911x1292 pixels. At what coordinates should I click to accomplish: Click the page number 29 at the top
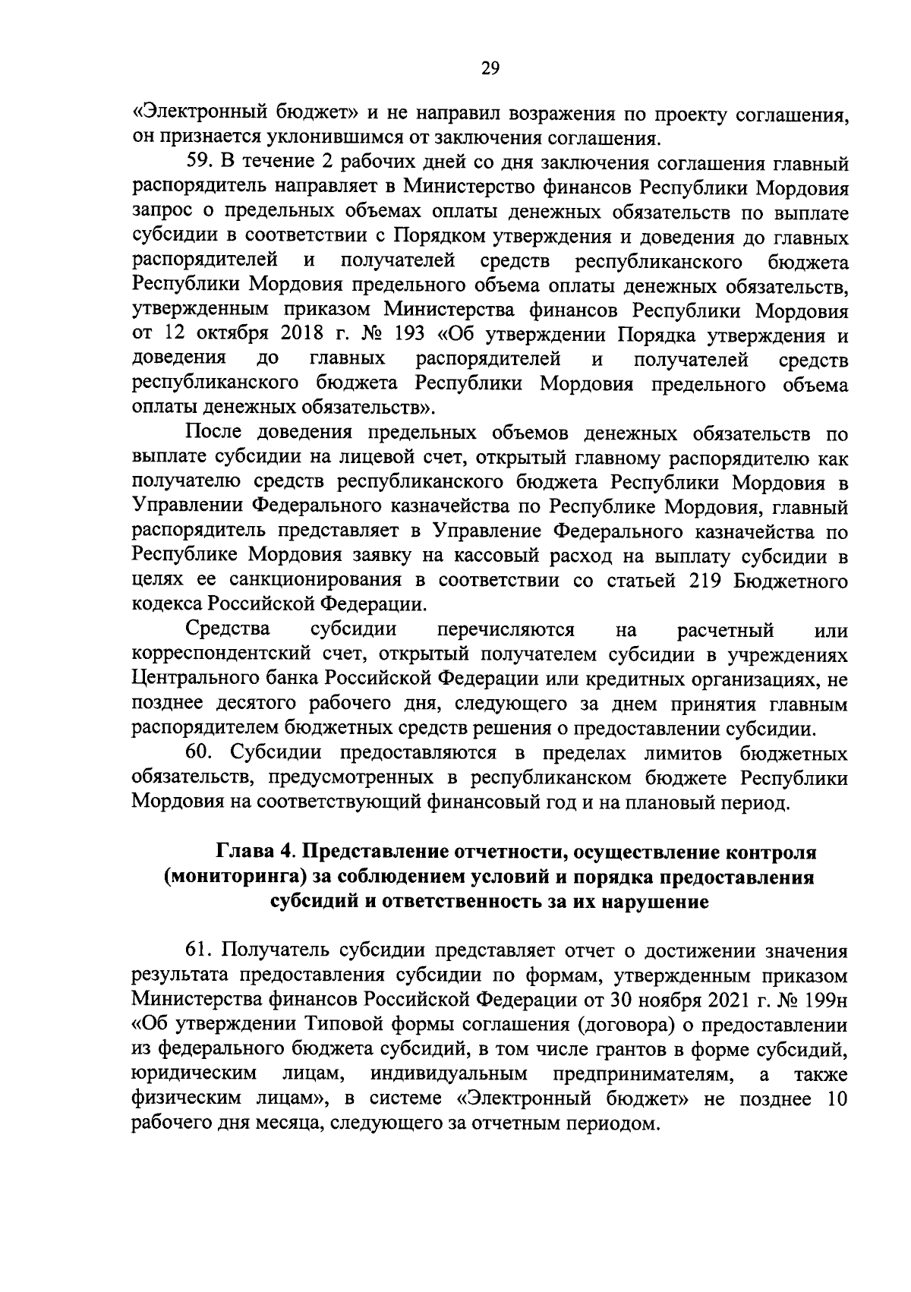tap(490, 69)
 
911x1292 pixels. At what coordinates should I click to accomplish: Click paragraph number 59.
tap(202, 164)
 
